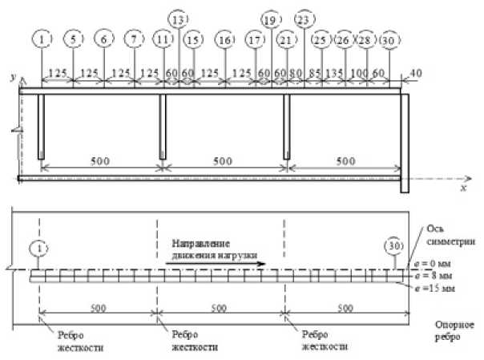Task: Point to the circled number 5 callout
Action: (x=73, y=40)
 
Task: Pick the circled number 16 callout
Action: (x=225, y=40)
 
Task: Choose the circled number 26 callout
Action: (x=344, y=40)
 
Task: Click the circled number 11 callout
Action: (x=163, y=40)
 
